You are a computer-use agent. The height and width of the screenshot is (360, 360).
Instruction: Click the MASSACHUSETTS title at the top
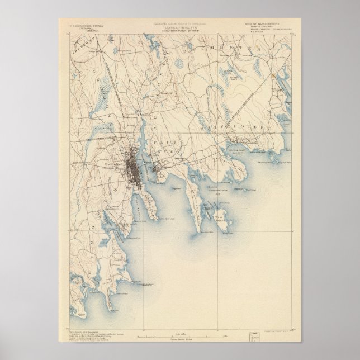click(x=179, y=27)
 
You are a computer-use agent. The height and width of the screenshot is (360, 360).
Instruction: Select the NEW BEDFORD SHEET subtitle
click(x=179, y=30)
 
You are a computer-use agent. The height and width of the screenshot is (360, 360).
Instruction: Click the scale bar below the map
click(x=179, y=337)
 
